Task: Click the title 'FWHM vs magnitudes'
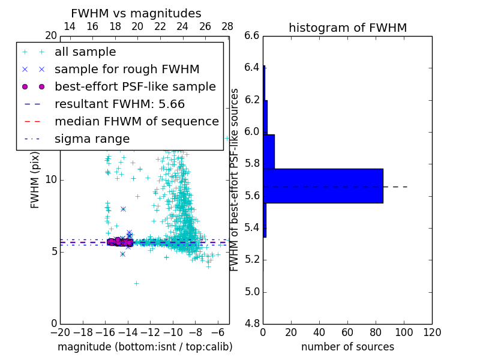(x=136, y=13)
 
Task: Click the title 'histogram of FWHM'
(x=347, y=28)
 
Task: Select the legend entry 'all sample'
(x=85, y=52)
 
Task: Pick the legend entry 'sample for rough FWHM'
(x=127, y=69)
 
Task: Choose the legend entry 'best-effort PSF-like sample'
(x=135, y=86)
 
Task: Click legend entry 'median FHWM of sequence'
(x=136, y=121)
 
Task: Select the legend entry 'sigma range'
(x=92, y=139)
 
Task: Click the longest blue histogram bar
(x=323, y=185)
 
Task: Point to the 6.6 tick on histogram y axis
(x=252, y=35)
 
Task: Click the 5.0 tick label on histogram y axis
(x=252, y=292)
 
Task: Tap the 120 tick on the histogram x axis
(x=432, y=332)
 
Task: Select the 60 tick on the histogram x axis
(x=347, y=332)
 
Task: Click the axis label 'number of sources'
(x=347, y=347)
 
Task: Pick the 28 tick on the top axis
(x=227, y=27)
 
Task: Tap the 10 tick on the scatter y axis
(x=50, y=180)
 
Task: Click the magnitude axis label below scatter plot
(x=145, y=347)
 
